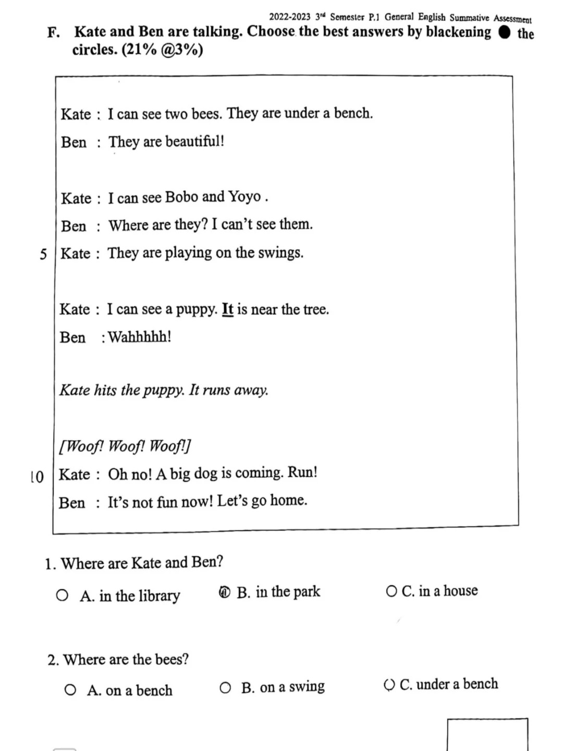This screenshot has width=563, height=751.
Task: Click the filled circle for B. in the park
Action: (x=225, y=592)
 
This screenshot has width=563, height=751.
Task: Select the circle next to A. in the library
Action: (x=62, y=596)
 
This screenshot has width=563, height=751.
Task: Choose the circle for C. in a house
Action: (x=391, y=591)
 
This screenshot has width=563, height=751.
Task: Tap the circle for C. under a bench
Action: (x=389, y=685)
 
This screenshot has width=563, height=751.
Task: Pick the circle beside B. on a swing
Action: (x=225, y=688)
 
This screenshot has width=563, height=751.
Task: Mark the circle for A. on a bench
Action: (x=70, y=691)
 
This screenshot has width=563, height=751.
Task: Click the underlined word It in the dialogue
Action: (x=228, y=309)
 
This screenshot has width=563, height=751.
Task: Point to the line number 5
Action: (x=43, y=255)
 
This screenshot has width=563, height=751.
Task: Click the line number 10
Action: (x=37, y=477)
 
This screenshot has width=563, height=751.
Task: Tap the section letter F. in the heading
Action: (x=53, y=32)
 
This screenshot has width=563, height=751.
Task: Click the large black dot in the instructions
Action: (x=504, y=32)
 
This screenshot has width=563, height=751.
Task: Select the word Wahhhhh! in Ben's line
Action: (x=140, y=337)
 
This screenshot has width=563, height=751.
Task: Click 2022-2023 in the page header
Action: (x=289, y=17)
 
